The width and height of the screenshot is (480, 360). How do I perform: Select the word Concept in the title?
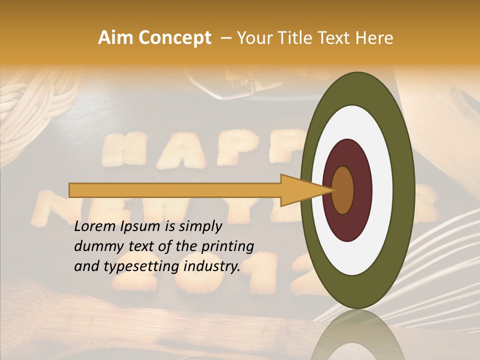(x=174, y=38)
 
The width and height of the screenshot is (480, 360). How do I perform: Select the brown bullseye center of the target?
(x=343, y=190)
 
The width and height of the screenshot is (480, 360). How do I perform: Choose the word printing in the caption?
(x=227, y=247)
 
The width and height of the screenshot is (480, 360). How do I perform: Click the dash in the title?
(x=225, y=38)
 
